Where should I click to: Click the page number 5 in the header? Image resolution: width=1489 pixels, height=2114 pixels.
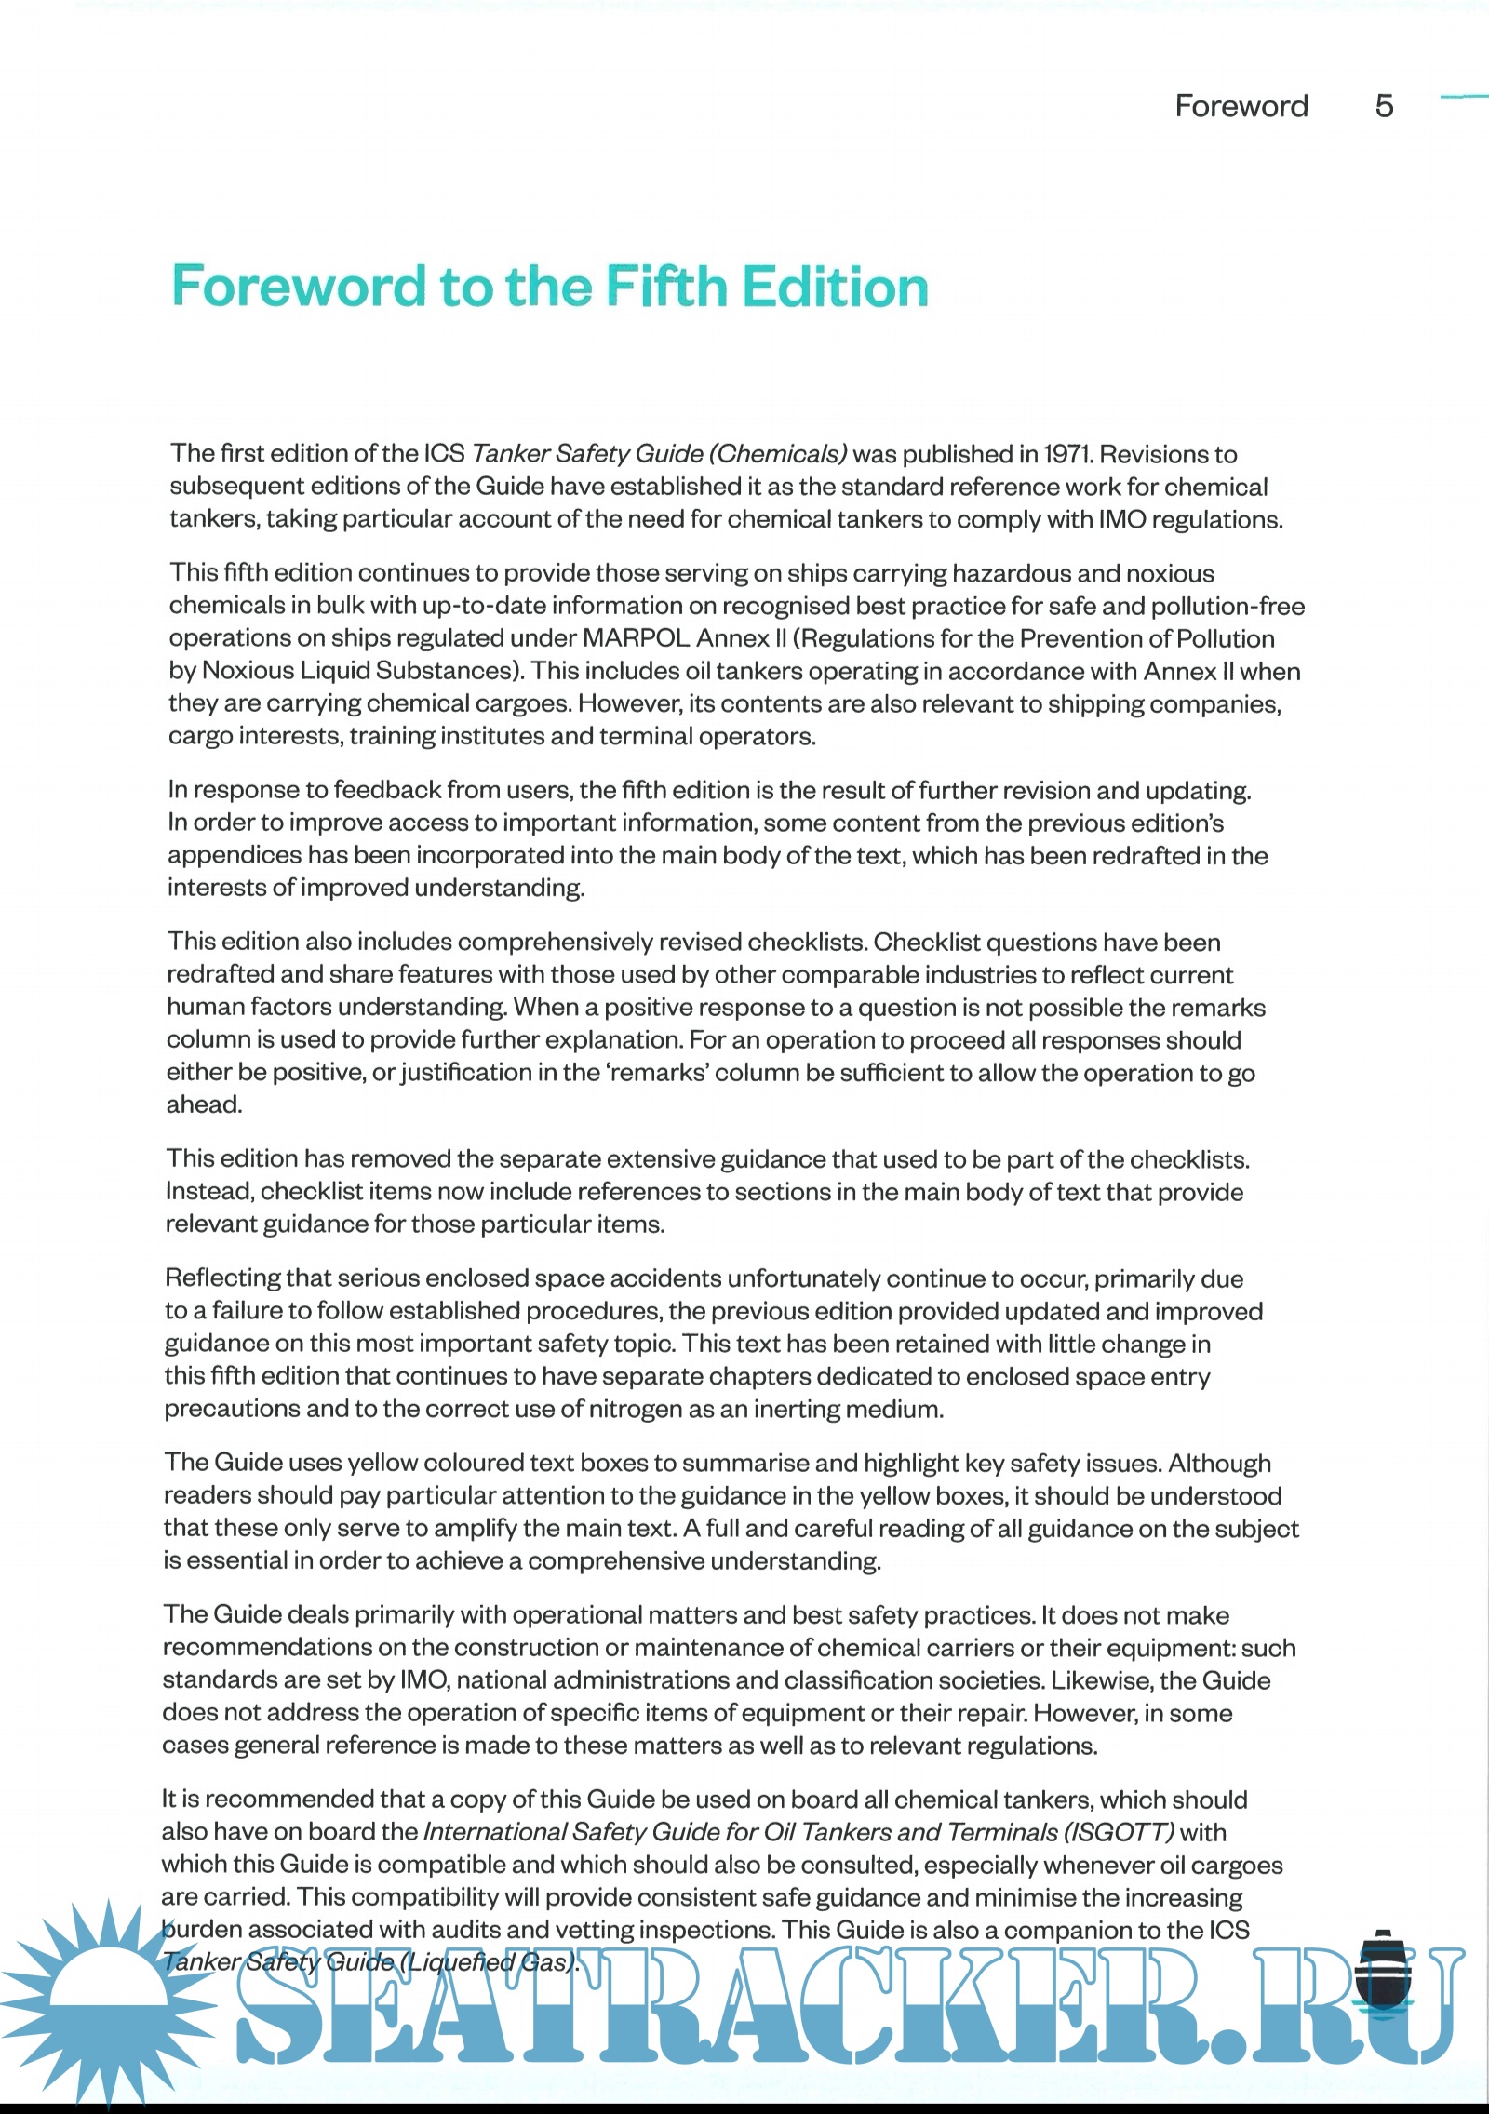coord(1384,106)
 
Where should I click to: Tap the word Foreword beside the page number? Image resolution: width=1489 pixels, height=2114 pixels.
coord(1241,106)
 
